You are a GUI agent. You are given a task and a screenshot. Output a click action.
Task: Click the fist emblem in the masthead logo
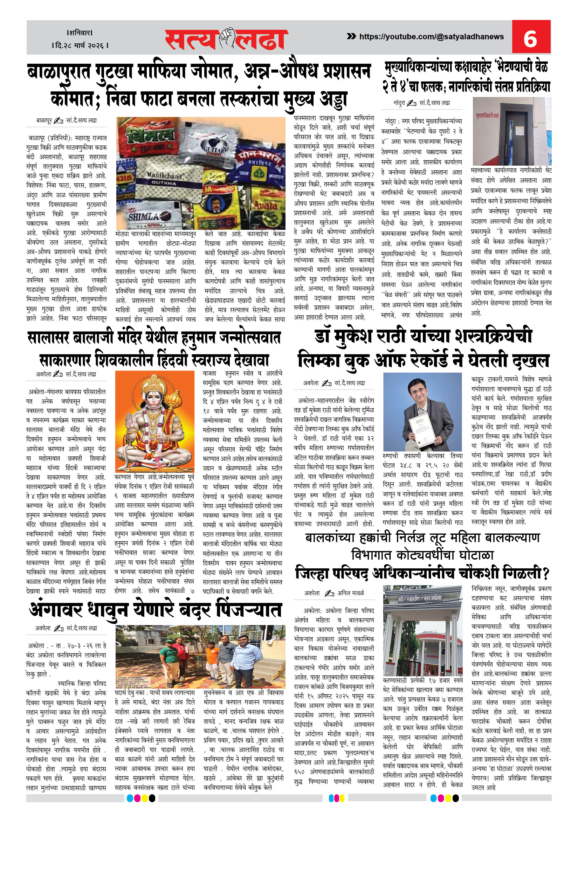pyautogui.click(x=227, y=37)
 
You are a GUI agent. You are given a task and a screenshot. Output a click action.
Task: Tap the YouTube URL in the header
pyautogui.click(x=431, y=36)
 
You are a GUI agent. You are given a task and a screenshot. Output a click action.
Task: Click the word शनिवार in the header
pyautogui.click(x=80, y=33)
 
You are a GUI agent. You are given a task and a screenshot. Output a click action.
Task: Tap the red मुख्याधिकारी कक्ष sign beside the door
pyautogui.click(x=487, y=116)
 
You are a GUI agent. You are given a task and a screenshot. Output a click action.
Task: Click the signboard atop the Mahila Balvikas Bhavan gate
pyautogui.click(x=420, y=598)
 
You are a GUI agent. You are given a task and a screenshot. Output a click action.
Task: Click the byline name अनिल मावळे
pyautogui.click(x=351, y=593)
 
